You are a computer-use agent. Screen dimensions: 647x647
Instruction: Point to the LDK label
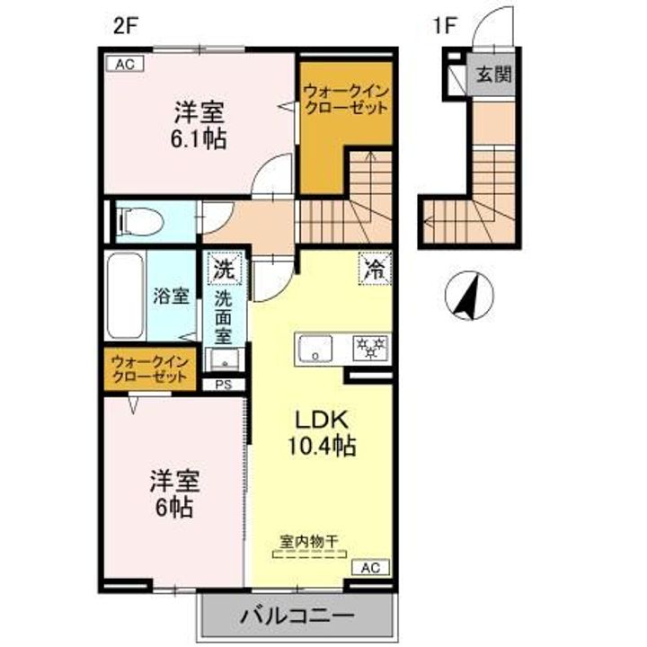(x=309, y=420)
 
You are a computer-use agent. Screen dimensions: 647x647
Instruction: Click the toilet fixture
(x=139, y=220)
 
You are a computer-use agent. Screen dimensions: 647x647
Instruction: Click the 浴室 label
(x=171, y=295)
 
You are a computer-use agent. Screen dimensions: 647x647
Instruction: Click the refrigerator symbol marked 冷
(x=373, y=267)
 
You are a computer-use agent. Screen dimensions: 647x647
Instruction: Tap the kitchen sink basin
(x=315, y=347)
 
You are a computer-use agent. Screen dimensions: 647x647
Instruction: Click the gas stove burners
(x=369, y=346)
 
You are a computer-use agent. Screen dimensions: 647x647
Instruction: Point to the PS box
(x=222, y=384)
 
